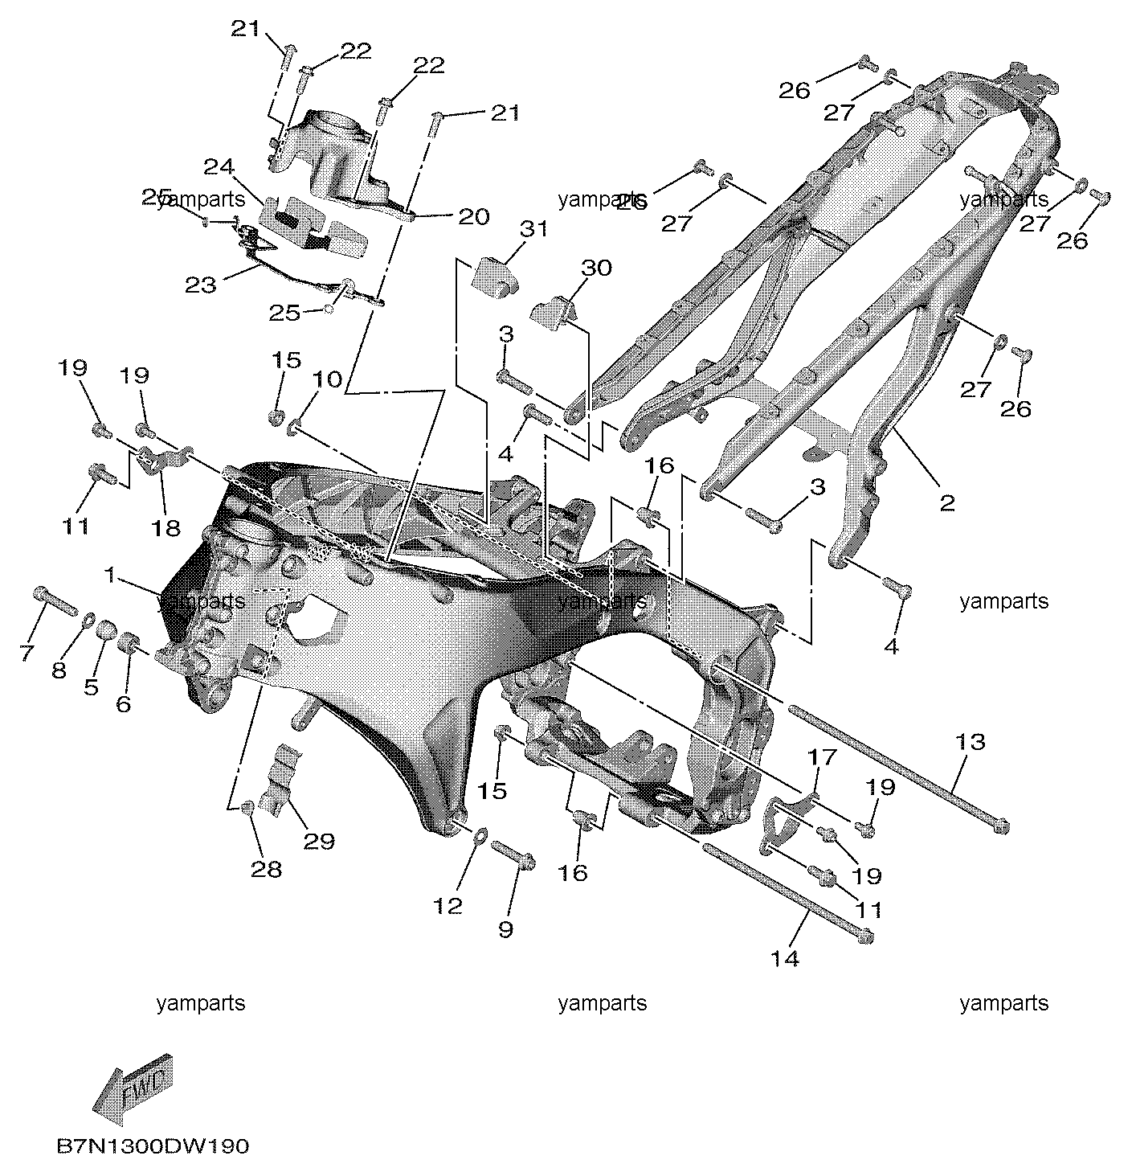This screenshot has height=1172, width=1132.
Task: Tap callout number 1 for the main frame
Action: pos(109,576)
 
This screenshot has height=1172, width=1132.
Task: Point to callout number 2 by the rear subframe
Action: pos(946,503)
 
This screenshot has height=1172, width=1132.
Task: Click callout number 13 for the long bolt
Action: pos(971,741)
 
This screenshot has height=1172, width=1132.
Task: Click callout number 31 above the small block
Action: pos(533,229)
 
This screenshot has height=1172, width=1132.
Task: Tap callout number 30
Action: pos(596,267)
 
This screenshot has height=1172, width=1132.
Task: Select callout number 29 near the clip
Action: pos(319,841)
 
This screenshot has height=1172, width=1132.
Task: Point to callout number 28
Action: pos(266,869)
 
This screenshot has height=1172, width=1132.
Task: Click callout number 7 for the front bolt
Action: pos(27,652)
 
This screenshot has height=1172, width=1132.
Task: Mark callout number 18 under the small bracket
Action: pos(166,528)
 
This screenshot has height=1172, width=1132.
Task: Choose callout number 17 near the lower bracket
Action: pos(822,756)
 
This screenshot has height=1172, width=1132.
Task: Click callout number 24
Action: pos(219,166)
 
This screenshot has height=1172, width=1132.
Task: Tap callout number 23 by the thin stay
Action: pos(200,285)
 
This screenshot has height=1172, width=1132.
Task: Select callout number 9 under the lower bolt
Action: pos(506,929)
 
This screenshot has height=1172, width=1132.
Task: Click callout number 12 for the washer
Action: pos(447,905)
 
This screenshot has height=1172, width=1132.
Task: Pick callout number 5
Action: pos(91,686)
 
